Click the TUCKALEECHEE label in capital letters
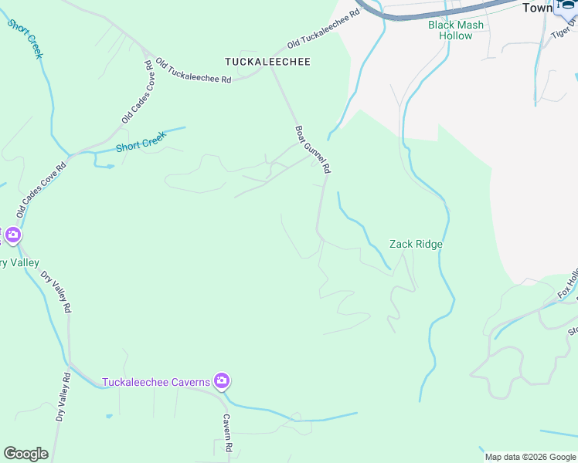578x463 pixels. [267, 61]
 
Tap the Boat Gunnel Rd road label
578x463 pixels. [313, 149]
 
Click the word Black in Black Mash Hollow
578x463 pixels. [442, 25]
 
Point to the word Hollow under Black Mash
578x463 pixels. [456, 35]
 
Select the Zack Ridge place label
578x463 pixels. [416, 244]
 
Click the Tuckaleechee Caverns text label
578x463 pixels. [156, 382]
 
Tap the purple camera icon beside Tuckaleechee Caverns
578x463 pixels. [223, 380]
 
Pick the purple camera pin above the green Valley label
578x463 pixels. [12, 235]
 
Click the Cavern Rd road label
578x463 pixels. [228, 432]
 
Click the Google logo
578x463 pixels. [25, 454]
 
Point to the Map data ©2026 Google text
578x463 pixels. [530, 457]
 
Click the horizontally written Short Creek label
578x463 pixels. [141, 144]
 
